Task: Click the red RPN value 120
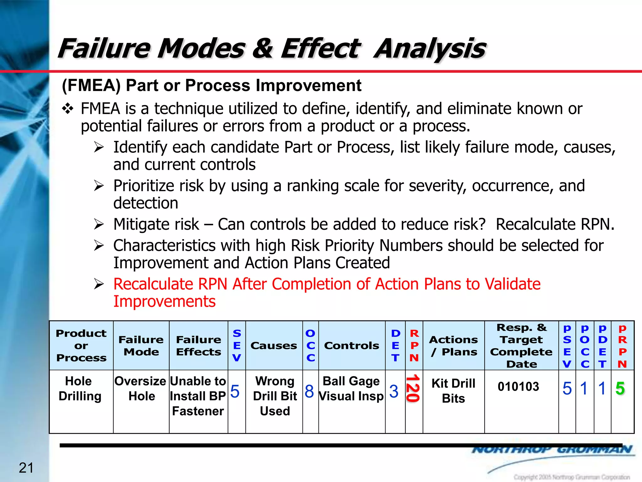click(x=413, y=388)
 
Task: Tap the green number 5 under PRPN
click(x=620, y=388)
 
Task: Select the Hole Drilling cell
click(x=80, y=388)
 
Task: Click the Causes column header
click(x=274, y=345)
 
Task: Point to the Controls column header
click(x=351, y=345)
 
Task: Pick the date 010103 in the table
click(x=518, y=387)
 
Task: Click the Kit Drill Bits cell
click(x=453, y=391)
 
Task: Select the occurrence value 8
click(x=309, y=391)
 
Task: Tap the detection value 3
click(x=394, y=391)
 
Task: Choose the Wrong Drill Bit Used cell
click(x=275, y=396)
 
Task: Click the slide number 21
click(x=26, y=468)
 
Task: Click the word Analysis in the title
click(x=429, y=49)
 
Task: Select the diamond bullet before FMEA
click(x=67, y=109)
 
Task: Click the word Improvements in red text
click(x=164, y=302)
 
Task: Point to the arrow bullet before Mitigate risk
click(x=99, y=224)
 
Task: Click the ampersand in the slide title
click(x=262, y=49)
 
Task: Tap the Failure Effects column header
click(x=198, y=345)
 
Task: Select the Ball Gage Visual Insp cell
click(x=351, y=388)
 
